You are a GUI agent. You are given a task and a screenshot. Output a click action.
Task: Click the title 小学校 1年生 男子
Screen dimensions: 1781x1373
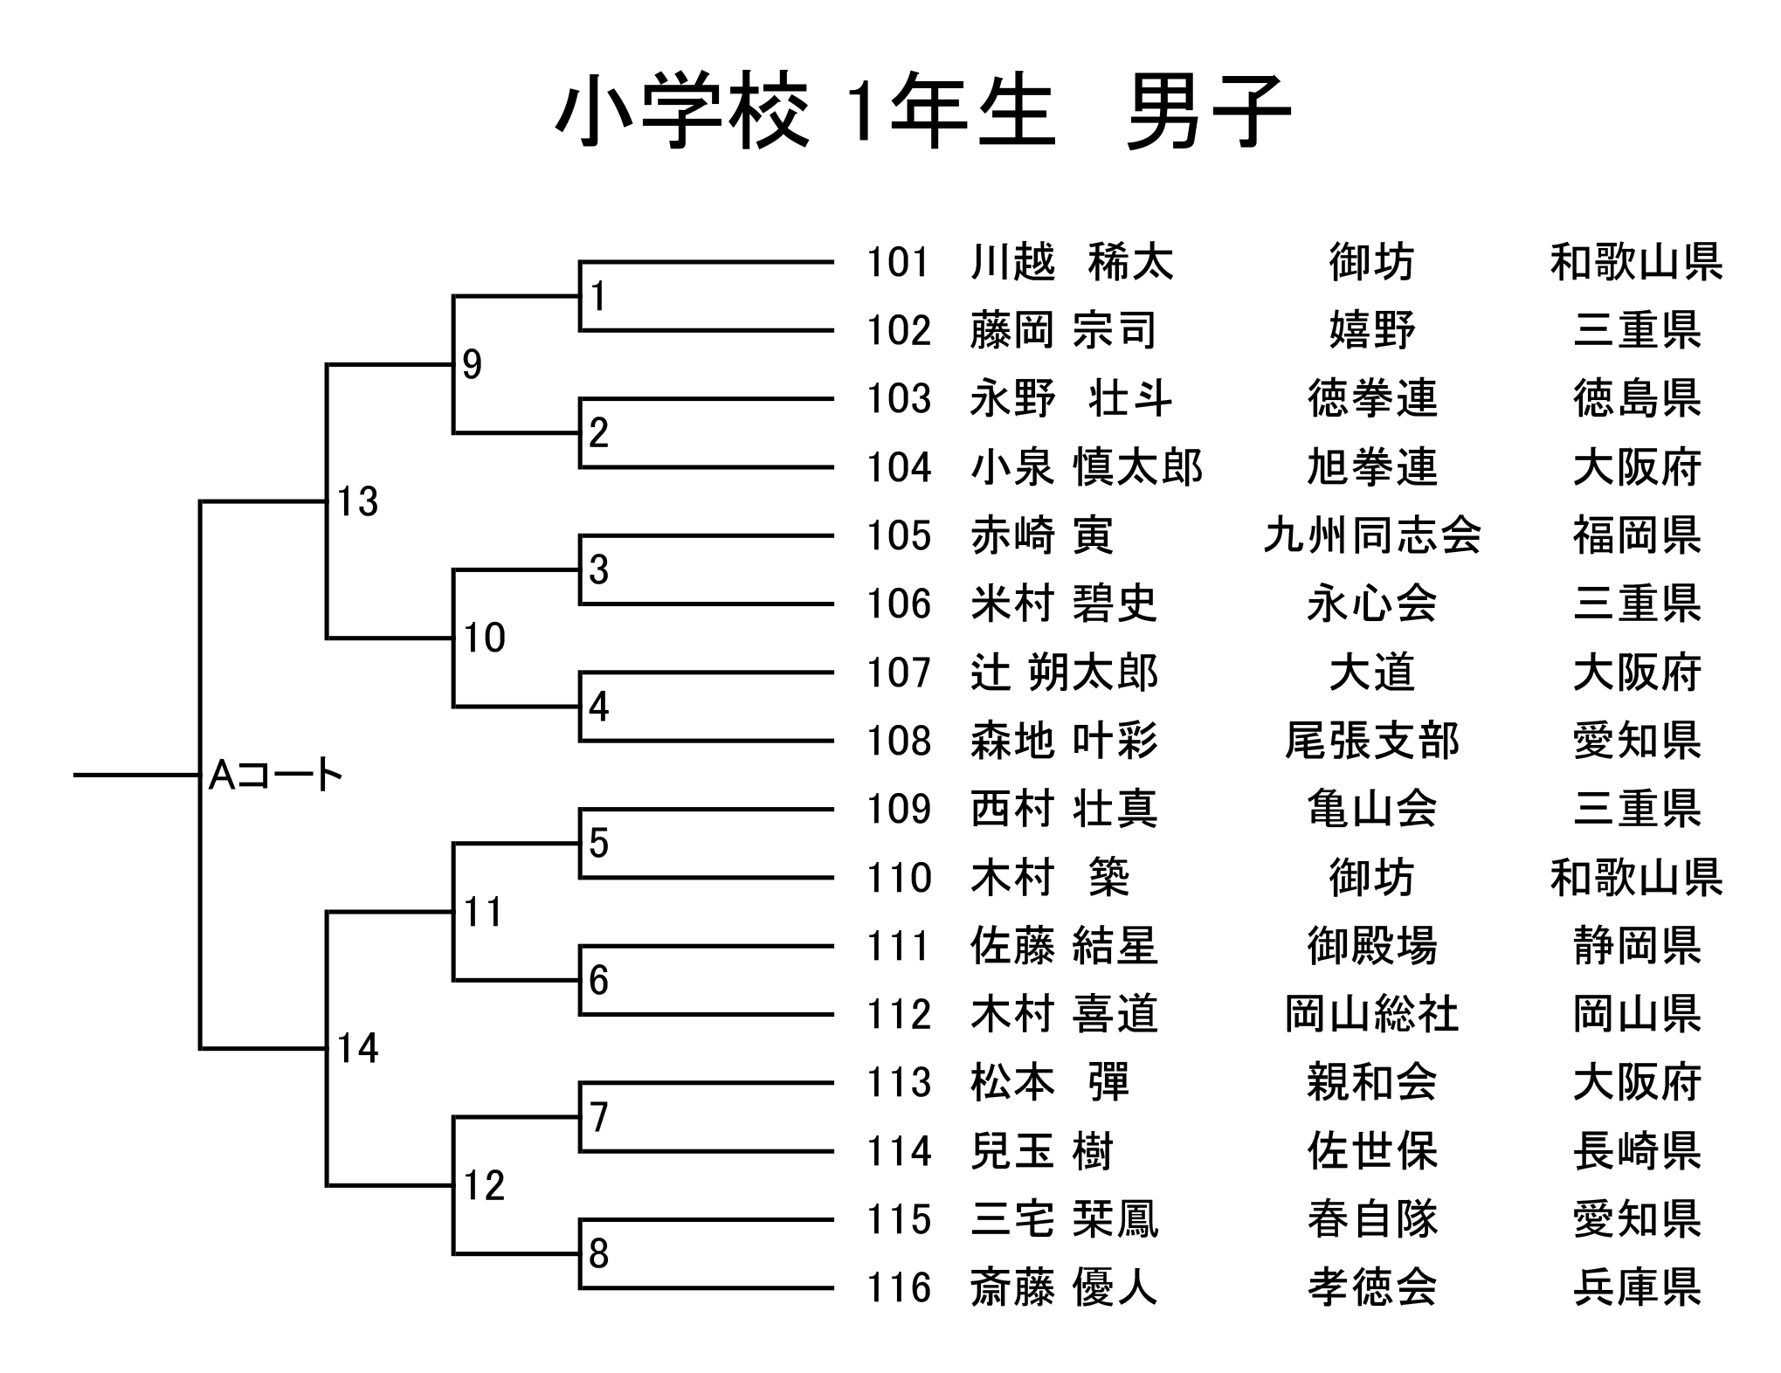(922, 112)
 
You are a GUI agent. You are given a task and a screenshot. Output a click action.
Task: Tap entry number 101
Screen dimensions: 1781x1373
(898, 262)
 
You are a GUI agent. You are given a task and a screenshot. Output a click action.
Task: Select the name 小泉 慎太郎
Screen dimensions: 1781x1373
(1087, 467)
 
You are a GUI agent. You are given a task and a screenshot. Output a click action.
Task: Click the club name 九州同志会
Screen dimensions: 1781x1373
(1371, 535)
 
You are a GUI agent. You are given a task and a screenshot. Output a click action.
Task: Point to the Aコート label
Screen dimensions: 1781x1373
(275, 775)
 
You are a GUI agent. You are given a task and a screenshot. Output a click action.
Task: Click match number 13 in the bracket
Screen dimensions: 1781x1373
(357, 501)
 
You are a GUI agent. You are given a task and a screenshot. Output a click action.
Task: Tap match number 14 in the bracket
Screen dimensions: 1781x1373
(357, 1048)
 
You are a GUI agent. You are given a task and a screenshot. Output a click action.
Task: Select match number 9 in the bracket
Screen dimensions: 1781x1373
(472, 364)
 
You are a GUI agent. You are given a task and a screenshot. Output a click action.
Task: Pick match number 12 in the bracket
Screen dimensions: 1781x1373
(484, 1185)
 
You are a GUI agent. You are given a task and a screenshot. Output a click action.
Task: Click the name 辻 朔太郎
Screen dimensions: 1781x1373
(1064, 673)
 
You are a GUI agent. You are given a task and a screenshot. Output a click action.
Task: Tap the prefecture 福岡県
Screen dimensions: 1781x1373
(1637, 535)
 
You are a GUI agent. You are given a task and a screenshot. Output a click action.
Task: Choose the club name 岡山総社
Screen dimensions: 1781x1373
(1371, 1014)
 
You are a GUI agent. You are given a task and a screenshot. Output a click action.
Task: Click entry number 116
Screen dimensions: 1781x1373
(898, 1287)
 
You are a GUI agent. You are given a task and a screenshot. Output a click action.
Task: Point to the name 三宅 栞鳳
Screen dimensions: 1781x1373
(1064, 1219)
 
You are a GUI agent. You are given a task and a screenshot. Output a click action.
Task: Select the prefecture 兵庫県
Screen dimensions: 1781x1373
(1637, 1287)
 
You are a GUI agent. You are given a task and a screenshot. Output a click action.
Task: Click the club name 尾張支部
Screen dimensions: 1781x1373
(1371, 741)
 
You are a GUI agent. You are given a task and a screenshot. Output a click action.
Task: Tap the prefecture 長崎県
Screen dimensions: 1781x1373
(1637, 1151)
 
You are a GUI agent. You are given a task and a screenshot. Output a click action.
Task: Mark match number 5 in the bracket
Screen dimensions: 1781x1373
(598, 843)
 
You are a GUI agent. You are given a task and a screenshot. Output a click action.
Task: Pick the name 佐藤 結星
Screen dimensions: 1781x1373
(1064, 946)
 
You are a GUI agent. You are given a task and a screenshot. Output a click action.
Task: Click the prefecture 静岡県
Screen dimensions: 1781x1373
(1637, 946)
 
